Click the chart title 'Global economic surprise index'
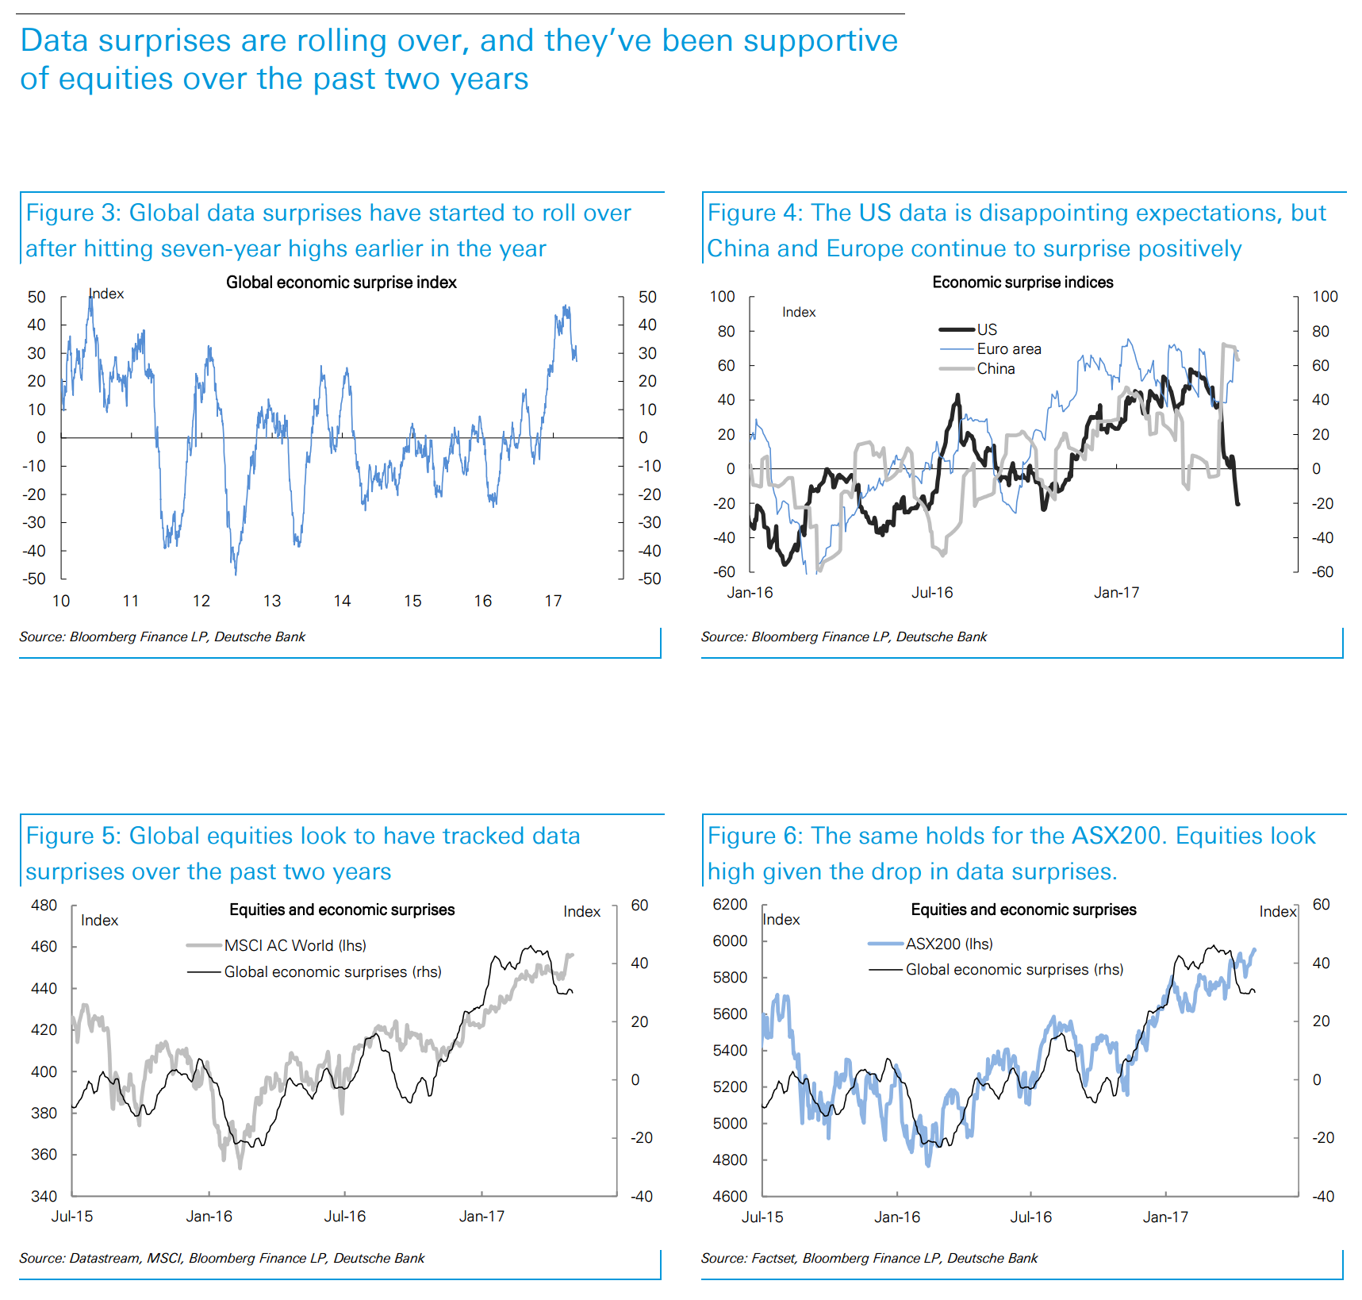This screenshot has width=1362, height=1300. click(x=341, y=283)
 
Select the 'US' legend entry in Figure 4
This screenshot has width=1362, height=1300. click(x=987, y=329)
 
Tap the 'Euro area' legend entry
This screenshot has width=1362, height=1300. click(x=1008, y=349)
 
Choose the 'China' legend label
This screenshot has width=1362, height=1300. click(x=996, y=369)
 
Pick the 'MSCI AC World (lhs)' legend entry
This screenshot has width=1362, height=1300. click(x=295, y=945)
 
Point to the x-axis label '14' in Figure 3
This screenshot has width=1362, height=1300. click(x=342, y=602)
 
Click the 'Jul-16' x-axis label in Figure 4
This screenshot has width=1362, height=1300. click(x=932, y=593)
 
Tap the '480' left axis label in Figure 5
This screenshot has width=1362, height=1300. click(x=44, y=905)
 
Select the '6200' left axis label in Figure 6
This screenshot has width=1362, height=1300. click(x=730, y=905)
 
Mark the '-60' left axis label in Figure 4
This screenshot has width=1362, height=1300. click(x=724, y=572)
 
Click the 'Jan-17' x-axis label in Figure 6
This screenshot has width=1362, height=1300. click(x=1165, y=1217)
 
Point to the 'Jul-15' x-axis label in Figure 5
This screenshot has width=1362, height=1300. click(x=72, y=1217)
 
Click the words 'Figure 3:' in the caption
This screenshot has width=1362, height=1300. click(x=72, y=213)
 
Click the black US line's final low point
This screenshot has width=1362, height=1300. click(x=1237, y=504)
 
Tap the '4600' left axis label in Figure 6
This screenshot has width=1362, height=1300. click(x=730, y=1196)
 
